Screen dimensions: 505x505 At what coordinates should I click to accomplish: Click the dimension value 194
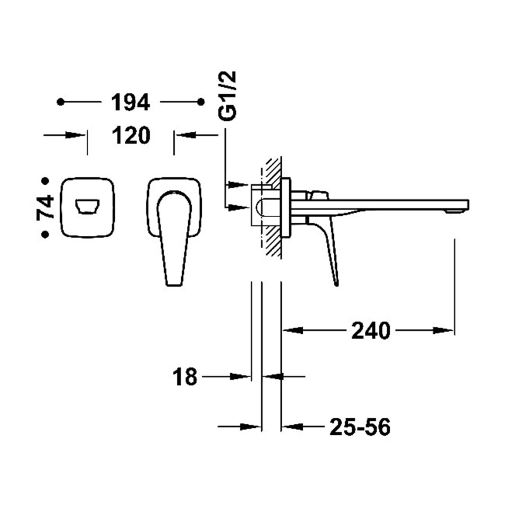(131, 102)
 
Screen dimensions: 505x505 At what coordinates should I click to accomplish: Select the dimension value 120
(131, 135)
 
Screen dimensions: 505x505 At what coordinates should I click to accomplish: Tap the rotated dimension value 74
(45, 208)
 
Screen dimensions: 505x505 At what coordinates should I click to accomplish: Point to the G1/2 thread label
(227, 96)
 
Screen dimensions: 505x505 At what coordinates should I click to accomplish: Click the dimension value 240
(371, 330)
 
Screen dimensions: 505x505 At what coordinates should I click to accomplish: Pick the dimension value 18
(184, 377)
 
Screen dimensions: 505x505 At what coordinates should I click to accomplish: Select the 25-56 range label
(360, 427)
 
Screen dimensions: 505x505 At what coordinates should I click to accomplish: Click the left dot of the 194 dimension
(61, 102)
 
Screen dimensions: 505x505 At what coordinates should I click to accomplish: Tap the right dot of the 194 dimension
(201, 102)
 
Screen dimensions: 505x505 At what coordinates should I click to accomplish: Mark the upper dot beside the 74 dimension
(45, 181)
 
